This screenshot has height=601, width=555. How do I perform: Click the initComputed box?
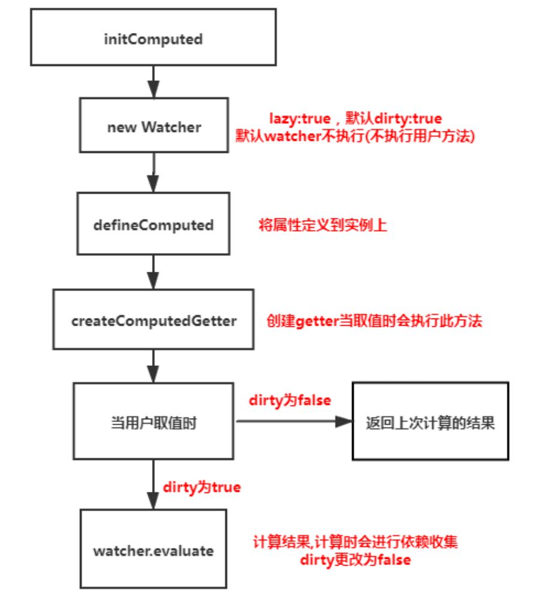pyautogui.click(x=153, y=40)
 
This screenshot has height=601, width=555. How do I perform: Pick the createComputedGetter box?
pyautogui.click(x=153, y=320)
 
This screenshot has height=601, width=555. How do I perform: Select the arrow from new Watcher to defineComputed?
pyautogui.click(x=154, y=172)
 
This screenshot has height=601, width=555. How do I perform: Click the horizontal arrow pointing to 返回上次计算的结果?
pyautogui.click(x=294, y=422)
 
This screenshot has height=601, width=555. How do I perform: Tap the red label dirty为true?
pyautogui.click(x=201, y=487)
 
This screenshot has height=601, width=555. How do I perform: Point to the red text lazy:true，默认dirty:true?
pyautogui.click(x=355, y=119)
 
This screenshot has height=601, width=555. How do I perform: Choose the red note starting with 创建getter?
pyautogui.click(x=375, y=320)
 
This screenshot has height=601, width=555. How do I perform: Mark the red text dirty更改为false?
pyautogui.click(x=357, y=560)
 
